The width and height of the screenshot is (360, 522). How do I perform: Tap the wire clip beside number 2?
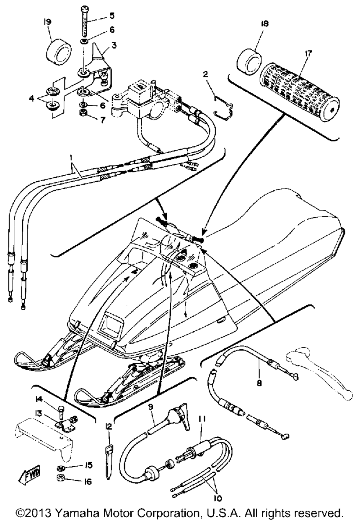tap(223, 105)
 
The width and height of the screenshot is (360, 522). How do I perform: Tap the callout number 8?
tap(259, 383)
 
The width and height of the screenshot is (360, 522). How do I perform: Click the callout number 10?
tap(218, 498)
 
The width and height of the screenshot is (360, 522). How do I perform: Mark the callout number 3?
tap(114, 46)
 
